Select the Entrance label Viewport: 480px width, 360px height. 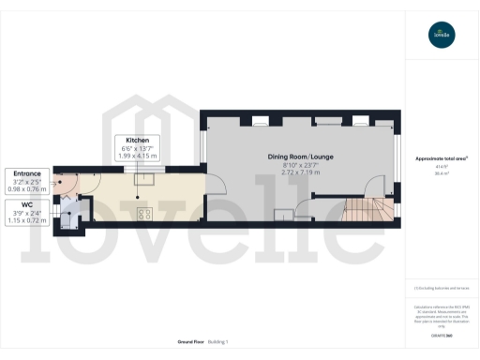[x=26, y=173]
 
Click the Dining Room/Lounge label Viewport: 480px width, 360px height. [x=302, y=157]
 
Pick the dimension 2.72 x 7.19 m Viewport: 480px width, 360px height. [x=302, y=172]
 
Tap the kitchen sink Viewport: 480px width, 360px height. [x=145, y=178]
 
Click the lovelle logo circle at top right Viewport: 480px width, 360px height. [x=441, y=36]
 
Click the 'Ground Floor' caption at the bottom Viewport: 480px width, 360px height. [x=191, y=342]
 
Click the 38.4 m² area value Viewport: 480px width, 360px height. [x=441, y=173]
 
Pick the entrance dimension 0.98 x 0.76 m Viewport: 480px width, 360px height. [x=26, y=188]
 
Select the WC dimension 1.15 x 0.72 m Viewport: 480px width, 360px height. [x=26, y=218]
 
